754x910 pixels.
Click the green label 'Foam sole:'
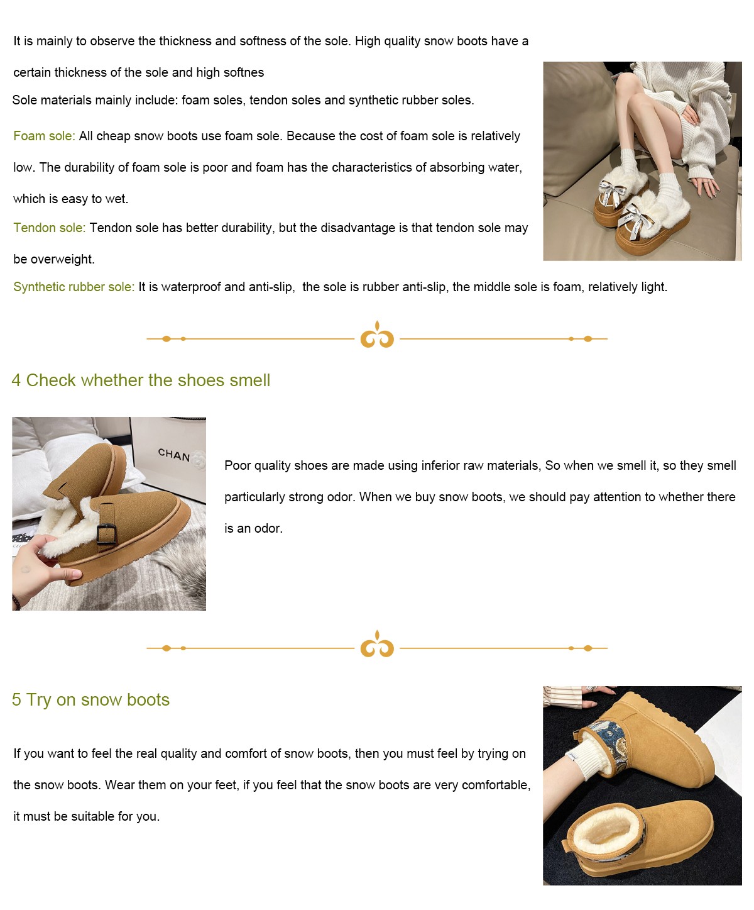pos(44,136)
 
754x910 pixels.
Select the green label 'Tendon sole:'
pos(49,228)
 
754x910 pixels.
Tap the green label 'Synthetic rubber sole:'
pos(74,287)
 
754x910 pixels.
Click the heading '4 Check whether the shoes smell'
pos(141,380)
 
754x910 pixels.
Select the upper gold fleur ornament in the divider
pos(377,335)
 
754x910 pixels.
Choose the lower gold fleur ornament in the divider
pos(377,644)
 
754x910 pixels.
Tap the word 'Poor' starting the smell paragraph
pos(238,465)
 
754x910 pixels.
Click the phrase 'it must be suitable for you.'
pos(86,816)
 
